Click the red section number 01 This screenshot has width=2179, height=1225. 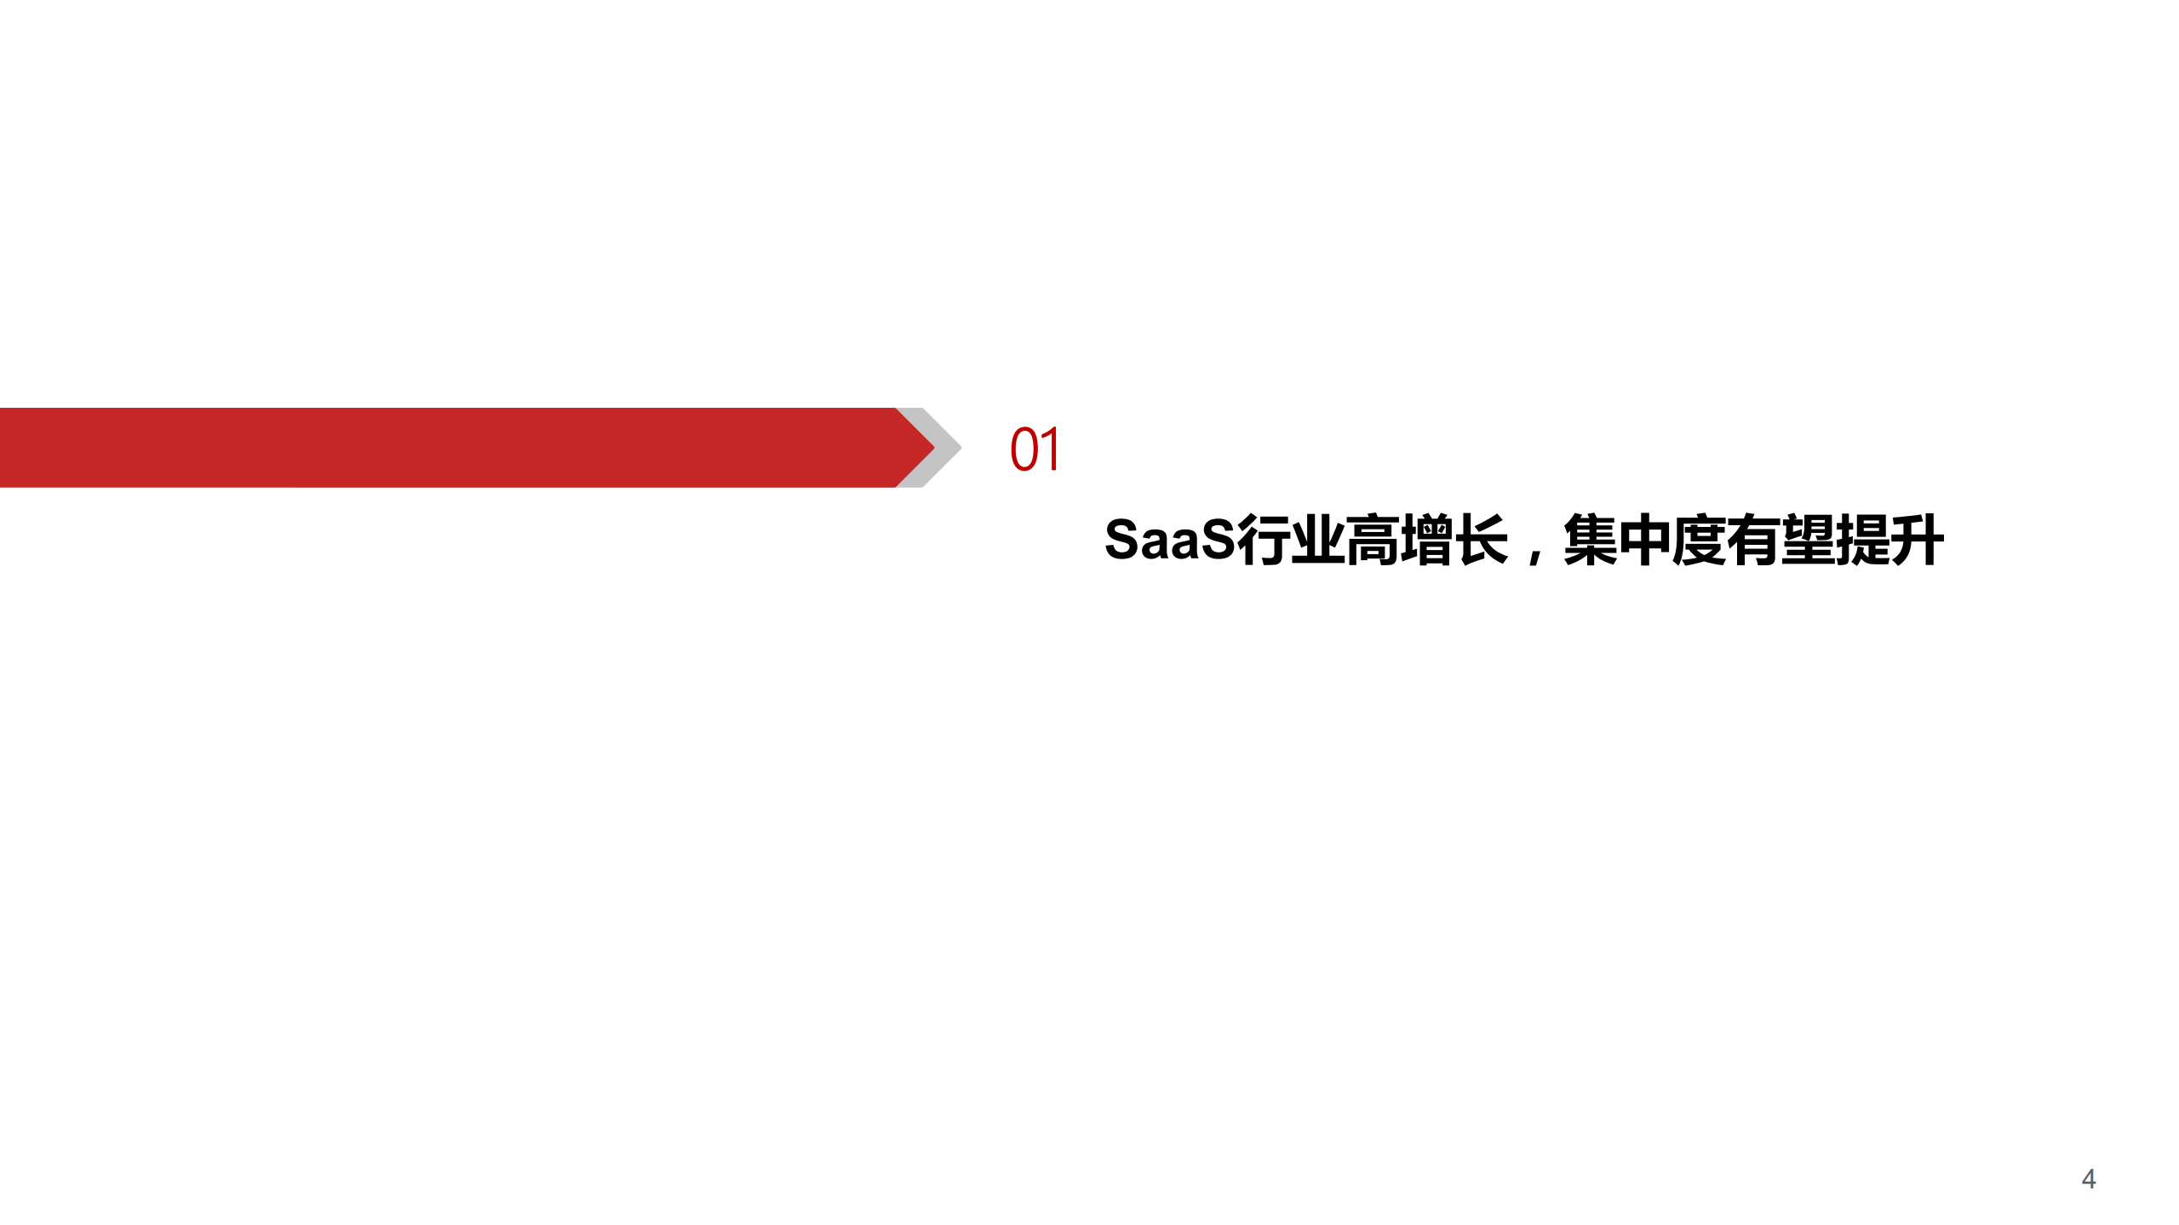pyautogui.click(x=1035, y=449)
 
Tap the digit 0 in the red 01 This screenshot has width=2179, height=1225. pyautogui.click(x=1023, y=449)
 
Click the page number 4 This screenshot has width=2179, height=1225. pyautogui.click(x=2088, y=1179)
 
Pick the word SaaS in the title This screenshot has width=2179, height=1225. pyautogui.click(x=1169, y=540)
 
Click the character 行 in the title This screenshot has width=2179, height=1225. pyautogui.click(x=1264, y=540)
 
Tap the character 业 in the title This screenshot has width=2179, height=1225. pyautogui.click(x=1318, y=540)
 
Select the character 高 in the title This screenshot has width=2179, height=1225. pyautogui.click(x=1373, y=540)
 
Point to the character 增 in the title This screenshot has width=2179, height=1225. pyautogui.click(x=1427, y=540)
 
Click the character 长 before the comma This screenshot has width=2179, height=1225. pyautogui.click(x=1482, y=540)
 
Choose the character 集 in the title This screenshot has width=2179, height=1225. pyautogui.click(x=1591, y=540)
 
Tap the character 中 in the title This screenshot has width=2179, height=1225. pyautogui.click(x=1645, y=540)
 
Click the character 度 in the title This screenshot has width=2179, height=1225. pyautogui.click(x=1700, y=540)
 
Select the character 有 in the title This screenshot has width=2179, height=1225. pyautogui.click(x=1754, y=540)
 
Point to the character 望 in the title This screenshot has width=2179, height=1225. pyautogui.click(x=1809, y=540)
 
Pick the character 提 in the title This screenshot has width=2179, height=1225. pyautogui.click(x=1863, y=540)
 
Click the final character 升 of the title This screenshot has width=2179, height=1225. pyautogui.click(x=1918, y=540)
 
